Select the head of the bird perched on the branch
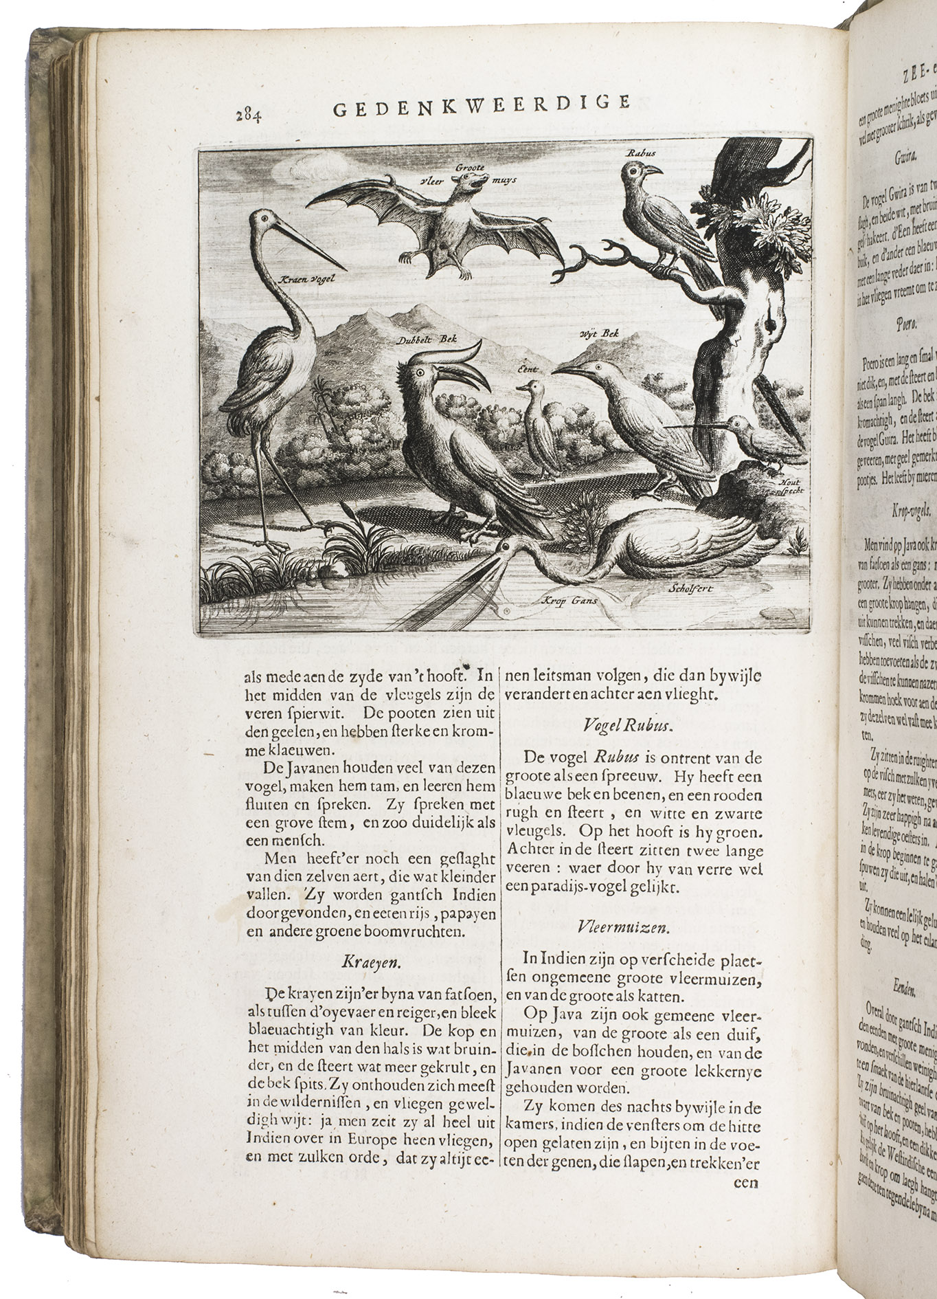637,171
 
